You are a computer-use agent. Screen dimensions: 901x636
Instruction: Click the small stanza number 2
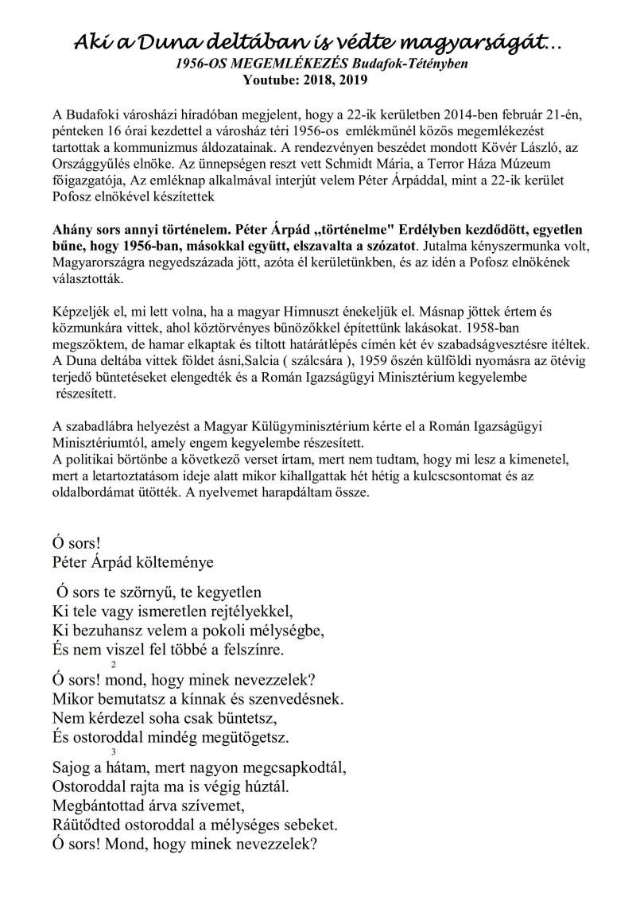[x=114, y=665]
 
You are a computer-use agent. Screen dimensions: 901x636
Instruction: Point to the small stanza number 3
[x=114, y=752]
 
